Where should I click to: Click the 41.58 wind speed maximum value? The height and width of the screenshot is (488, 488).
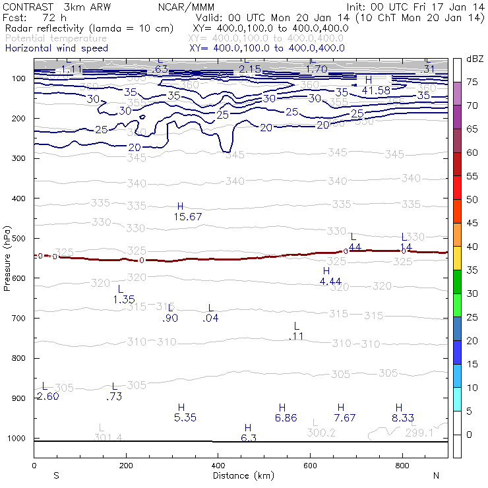coord(376,90)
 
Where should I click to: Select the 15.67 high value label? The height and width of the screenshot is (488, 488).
coord(188,216)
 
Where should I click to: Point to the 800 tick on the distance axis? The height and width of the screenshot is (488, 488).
coord(403,466)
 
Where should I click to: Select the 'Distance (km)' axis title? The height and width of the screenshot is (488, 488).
coord(243,475)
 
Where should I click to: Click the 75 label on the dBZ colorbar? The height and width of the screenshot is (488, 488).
coord(472,82)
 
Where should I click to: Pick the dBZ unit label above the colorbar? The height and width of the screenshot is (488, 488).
coord(475,59)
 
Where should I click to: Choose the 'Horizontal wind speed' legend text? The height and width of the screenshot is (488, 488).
coord(56,48)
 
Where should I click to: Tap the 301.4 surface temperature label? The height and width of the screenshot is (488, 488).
coord(108,437)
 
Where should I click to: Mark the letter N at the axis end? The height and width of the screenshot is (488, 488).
coord(435,475)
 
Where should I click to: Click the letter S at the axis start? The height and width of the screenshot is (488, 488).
coord(57,475)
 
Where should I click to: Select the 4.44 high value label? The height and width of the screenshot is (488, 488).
coord(330,281)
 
